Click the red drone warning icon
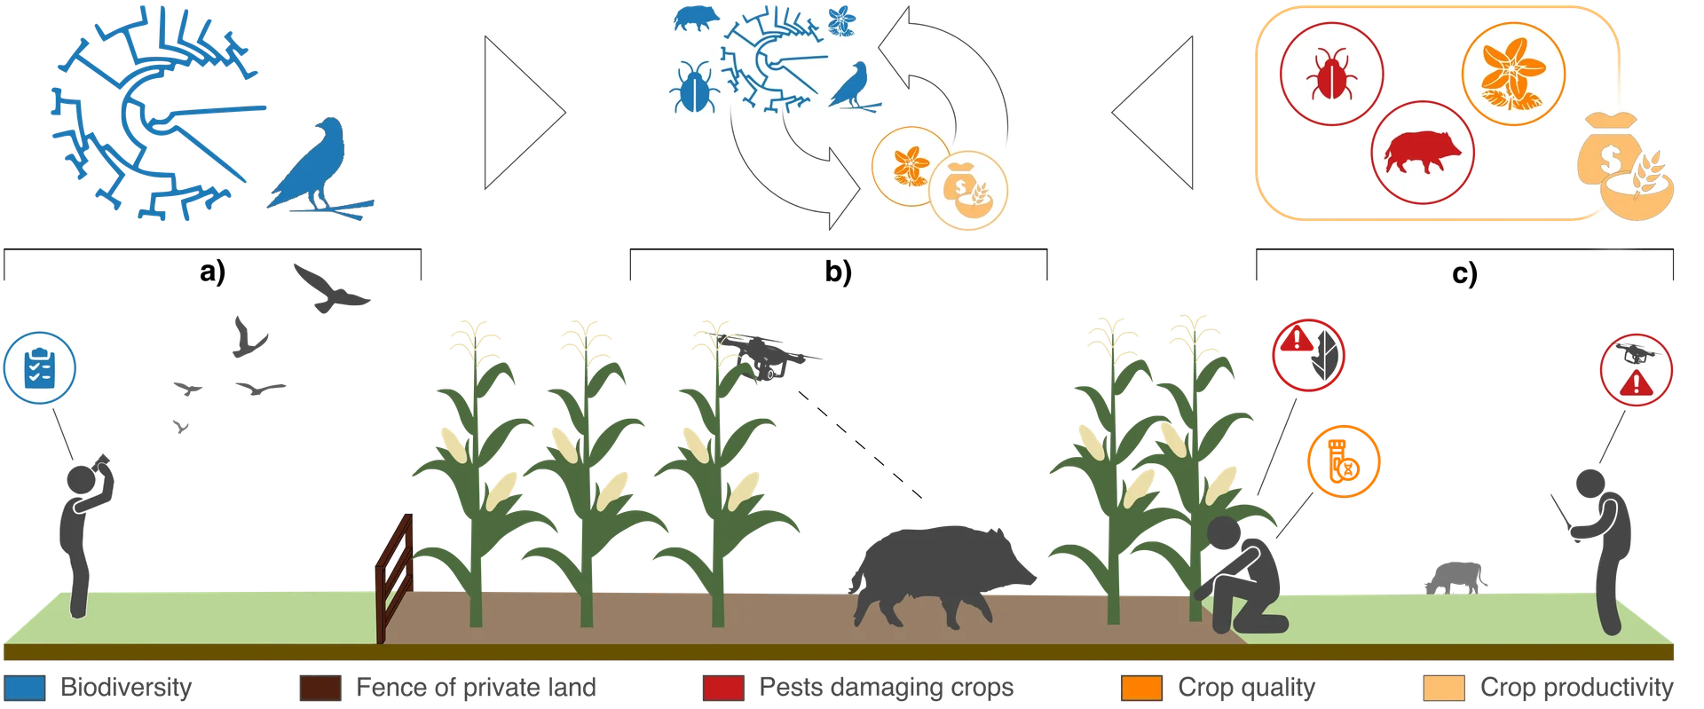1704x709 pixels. (1636, 368)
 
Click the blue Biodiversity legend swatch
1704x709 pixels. (24, 688)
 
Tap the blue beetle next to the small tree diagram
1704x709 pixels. (692, 88)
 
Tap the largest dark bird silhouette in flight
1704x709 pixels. (330, 288)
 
